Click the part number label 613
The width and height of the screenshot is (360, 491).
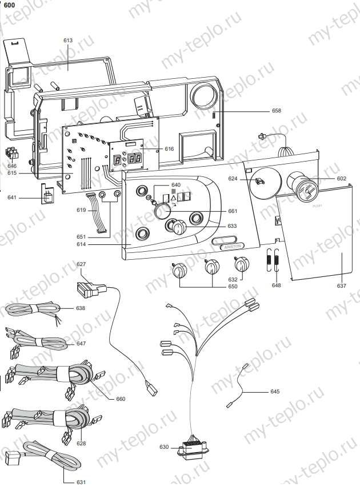click(x=69, y=41)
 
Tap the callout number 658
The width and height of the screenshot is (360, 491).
click(x=277, y=111)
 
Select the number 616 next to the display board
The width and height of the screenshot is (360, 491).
click(x=169, y=148)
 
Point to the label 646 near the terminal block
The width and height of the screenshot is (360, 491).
click(x=12, y=166)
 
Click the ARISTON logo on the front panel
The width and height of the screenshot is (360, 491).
click(x=231, y=242)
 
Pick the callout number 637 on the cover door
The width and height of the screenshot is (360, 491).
click(x=342, y=285)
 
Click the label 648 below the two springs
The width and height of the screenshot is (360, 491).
click(x=277, y=285)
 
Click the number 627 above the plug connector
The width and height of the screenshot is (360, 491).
click(x=81, y=264)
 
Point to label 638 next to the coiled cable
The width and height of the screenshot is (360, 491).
click(x=81, y=308)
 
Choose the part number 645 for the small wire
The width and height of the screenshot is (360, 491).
click(x=275, y=392)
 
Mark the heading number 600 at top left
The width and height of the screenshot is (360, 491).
click(x=9, y=5)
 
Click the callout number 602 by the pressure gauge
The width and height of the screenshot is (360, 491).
click(x=342, y=178)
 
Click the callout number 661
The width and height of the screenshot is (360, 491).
click(x=233, y=211)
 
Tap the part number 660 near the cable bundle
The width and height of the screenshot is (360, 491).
click(x=121, y=399)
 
